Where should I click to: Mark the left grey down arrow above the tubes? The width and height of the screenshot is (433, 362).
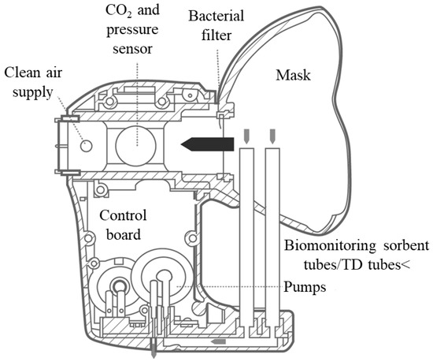pyautogui.click(x=247, y=136)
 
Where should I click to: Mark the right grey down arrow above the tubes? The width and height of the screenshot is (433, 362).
pyautogui.click(x=272, y=136)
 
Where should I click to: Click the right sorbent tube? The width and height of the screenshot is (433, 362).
pyautogui.click(x=272, y=237)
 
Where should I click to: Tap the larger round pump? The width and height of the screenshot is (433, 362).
pyautogui.click(x=165, y=277)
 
